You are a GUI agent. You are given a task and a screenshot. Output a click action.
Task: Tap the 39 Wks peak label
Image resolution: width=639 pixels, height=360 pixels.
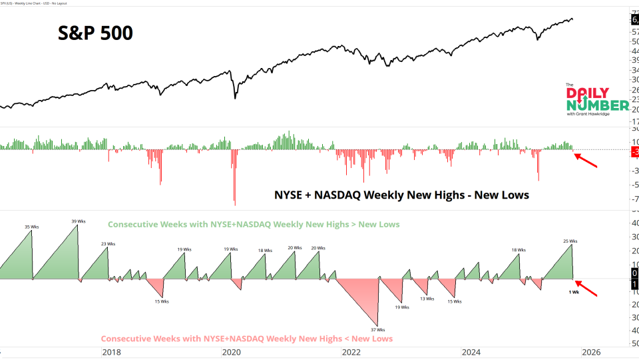[79, 221]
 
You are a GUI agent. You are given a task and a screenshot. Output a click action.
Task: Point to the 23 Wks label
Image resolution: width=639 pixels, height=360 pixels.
[108, 244]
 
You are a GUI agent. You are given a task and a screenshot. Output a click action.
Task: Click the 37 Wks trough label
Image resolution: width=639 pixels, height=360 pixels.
[378, 329]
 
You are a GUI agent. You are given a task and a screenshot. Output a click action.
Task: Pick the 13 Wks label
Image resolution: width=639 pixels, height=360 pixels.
[427, 299]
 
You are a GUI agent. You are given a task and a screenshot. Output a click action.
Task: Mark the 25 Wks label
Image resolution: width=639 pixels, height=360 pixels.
[570, 241]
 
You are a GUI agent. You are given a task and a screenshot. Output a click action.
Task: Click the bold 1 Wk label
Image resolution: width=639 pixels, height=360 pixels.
[573, 292]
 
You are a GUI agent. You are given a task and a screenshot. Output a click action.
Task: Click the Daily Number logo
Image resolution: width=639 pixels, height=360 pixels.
[597, 100]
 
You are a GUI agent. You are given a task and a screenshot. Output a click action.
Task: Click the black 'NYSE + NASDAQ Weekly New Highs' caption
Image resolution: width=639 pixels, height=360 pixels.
[401, 195]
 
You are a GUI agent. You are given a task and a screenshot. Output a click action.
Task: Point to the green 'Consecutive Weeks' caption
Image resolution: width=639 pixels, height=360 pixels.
[254, 225]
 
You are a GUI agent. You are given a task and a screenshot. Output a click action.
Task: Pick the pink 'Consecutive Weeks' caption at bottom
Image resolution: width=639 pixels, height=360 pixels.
[247, 339]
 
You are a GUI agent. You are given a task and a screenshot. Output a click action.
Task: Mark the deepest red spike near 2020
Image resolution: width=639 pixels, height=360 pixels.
[234, 200]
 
